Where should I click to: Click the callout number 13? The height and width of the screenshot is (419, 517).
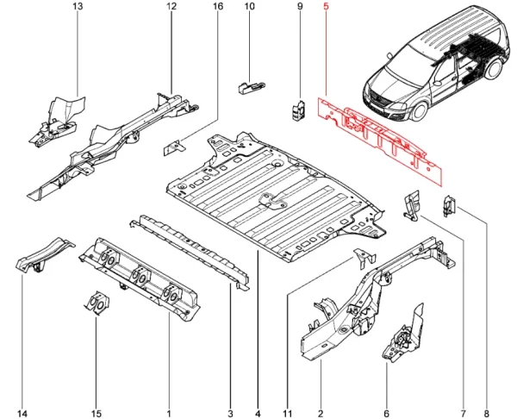[x=78, y=8]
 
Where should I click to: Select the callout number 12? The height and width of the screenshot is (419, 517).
[x=171, y=8]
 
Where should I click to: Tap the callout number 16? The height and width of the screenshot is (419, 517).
[x=216, y=8]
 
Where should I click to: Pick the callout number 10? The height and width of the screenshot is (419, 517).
[x=250, y=8]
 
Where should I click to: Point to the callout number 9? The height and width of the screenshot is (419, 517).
[x=300, y=8]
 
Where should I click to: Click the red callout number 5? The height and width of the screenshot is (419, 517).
[x=325, y=8]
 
